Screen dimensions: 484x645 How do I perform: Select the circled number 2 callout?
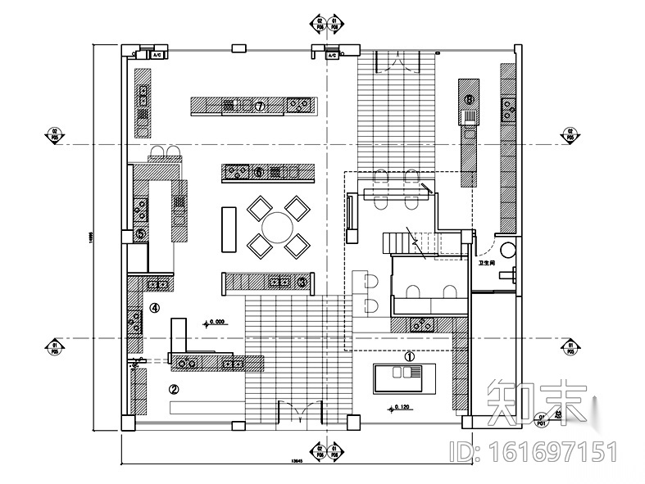click(174, 389)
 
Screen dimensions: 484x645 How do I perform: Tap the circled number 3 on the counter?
click(302, 282)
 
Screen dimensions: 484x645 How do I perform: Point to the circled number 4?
click(154, 308)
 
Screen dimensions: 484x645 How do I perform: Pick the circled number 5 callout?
click(140, 233)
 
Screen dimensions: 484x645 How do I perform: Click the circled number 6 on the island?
click(258, 172)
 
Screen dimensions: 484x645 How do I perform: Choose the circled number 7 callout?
click(258, 106)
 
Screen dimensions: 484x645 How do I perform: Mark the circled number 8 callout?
click(469, 100)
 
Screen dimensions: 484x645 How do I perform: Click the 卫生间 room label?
click(487, 264)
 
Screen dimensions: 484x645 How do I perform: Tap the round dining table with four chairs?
click(278, 224)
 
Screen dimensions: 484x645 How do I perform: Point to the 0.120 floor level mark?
click(401, 406)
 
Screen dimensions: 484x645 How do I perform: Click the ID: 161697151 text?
click(534, 451)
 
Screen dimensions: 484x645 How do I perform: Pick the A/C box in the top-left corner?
click(157, 55)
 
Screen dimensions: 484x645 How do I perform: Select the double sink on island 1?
click(401, 373)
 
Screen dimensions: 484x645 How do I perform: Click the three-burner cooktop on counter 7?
click(300, 104)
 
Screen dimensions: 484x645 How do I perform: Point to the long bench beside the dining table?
click(228, 228)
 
